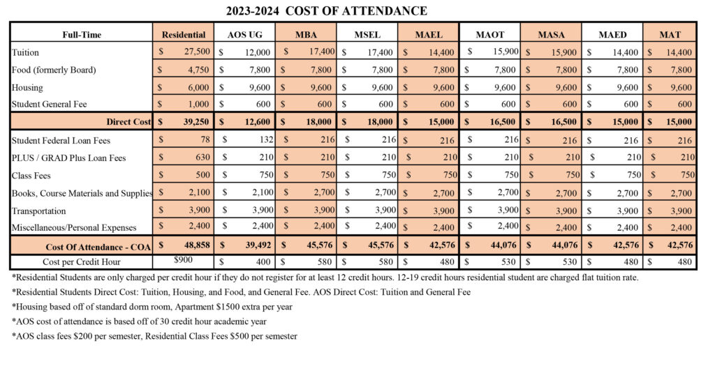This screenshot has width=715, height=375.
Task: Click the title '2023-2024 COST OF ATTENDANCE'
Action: (327, 11)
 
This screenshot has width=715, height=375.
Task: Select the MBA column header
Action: (305, 34)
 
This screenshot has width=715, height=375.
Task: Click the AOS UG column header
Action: (245, 34)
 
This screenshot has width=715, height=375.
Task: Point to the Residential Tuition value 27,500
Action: (195, 52)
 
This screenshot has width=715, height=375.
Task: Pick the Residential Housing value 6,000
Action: (198, 87)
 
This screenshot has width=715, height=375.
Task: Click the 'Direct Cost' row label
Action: (128, 121)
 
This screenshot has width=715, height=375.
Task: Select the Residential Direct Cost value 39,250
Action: (195, 121)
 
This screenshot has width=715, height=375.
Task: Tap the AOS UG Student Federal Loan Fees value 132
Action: (260, 140)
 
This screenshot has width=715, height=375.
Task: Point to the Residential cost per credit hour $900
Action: (184, 260)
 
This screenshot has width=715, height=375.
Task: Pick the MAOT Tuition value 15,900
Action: (502, 51)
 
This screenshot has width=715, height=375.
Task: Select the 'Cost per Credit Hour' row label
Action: (81, 262)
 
